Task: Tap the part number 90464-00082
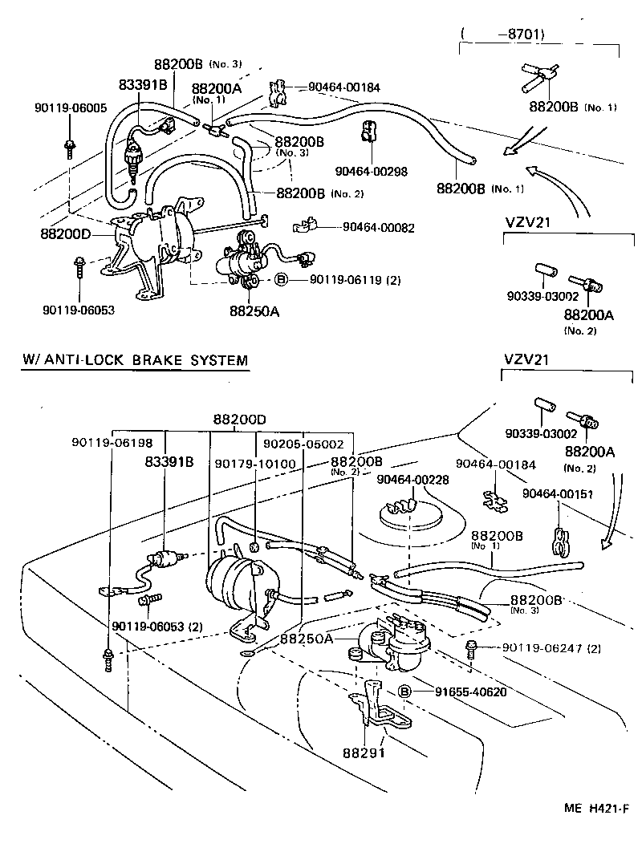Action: (378, 228)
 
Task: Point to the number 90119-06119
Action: (328, 280)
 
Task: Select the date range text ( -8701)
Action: (503, 34)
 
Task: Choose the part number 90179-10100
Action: (255, 464)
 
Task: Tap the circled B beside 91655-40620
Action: (405, 692)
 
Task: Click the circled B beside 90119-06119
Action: (282, 280)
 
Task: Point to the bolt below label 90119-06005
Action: (70, 147)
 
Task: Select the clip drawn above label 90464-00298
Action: (366, 131)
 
